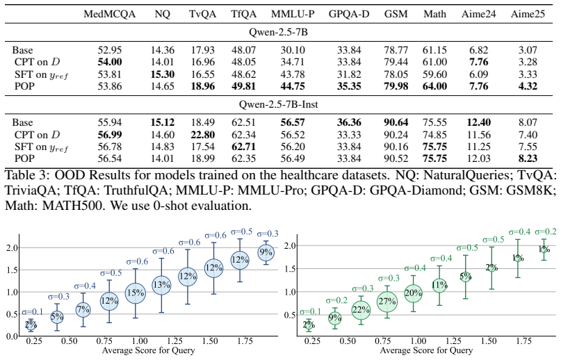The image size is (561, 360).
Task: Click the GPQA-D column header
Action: (x=349, y=14)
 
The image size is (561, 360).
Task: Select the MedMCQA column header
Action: (x=109, y=14)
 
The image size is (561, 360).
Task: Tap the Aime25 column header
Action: (x=528, y=14)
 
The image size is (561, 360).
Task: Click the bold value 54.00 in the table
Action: (x=110, y=62)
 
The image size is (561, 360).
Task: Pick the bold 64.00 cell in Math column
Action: (x=434, y=86)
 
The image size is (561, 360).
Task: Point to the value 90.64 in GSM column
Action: (x=396, y=122)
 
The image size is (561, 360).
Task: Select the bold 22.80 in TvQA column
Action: (x=203, y=135)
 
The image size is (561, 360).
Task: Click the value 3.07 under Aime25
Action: (x=528, y=50)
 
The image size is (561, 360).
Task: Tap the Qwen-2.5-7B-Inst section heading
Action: (x=279, y=104)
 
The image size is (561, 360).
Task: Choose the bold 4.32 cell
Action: (x=528, y=86)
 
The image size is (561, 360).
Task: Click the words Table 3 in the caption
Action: (x=27, y=175)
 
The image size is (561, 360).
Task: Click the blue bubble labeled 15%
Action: (x=136, y=293)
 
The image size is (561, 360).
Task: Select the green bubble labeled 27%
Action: (x=387, y=302)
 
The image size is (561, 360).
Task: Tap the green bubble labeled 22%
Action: (x=361, y=310)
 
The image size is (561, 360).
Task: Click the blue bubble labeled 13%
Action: (x=161, y=285)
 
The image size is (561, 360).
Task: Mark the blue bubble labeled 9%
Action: (x=266, y=252)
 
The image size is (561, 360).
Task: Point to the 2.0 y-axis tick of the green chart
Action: (x=290, y=246)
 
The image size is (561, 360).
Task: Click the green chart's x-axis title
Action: (x=426, y=351)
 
